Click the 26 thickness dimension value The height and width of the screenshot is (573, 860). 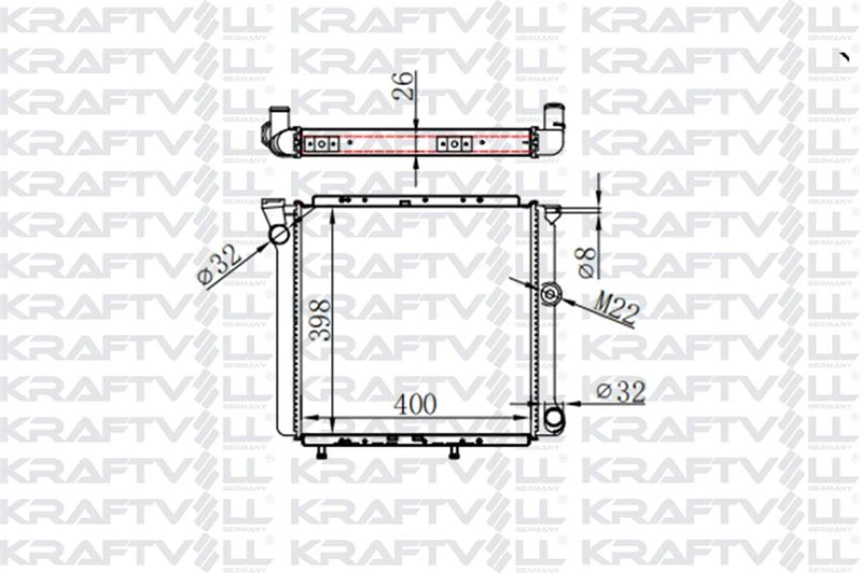click(x=404, y=87)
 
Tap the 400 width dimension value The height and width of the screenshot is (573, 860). click(x=416, y=404)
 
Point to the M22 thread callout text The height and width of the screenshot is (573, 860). click(x=617, y=307)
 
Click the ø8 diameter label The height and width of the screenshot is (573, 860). click(x=588, y=262)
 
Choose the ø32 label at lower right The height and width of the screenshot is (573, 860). click(x=620, y=392)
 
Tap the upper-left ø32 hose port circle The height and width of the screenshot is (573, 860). click(x=278, y=235)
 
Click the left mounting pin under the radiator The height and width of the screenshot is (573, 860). click(x=322, y=453)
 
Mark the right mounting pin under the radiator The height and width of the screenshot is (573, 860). click(x=454, y=453)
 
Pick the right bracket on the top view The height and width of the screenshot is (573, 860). click(x=454, y=144)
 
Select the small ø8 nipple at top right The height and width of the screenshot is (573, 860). click(x=552, y=211)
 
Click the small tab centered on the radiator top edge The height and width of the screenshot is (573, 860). click(x=405, y=201)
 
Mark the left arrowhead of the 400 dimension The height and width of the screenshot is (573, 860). click(x=309, y=415)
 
